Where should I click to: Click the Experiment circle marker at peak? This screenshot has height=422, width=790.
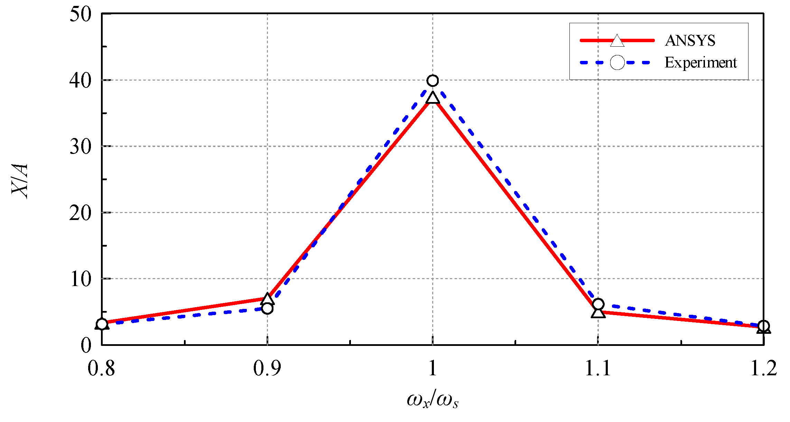click(x=433, y=81)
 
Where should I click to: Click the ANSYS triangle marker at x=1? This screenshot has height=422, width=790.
click(x=433, y=98)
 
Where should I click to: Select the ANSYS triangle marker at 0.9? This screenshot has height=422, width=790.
click(x=267, y=299)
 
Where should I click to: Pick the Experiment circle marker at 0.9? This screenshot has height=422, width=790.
click(x=267, y=308)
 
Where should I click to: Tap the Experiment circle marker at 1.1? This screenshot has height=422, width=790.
click(x=598, y=304)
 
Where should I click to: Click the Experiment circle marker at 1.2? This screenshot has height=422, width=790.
click(x=764, y=325)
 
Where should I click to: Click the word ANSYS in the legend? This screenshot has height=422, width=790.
click(x=690, y=41)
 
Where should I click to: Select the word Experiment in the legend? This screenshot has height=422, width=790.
click(x=700, y=63)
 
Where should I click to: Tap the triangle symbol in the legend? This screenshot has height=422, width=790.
click(x=617, y=41)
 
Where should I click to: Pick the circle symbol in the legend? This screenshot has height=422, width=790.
click(x=617, y=63)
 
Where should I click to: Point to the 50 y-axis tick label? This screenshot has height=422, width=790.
click(x=80, y=15)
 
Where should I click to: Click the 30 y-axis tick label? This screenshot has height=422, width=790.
click(x=80, y=147)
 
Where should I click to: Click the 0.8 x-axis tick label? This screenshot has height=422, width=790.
click(x=101, y=368)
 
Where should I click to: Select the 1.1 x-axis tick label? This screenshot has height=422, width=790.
click(x=598, y=368)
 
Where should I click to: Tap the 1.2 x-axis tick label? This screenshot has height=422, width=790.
click(x=763, y=368)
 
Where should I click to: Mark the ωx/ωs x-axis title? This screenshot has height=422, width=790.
click(x=433, y=400)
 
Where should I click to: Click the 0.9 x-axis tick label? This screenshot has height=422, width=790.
click(x=267, y=368)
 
